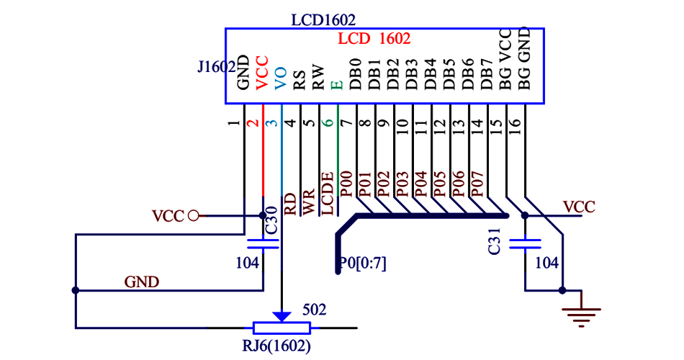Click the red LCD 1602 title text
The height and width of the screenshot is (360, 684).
point(374,39)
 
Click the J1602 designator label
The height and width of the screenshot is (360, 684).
point(216,67)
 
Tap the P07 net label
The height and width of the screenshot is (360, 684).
point(477,184)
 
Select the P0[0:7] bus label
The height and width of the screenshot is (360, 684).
point(363,264)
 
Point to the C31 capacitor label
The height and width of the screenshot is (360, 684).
point(495,245)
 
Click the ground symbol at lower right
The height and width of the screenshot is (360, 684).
point(582,315)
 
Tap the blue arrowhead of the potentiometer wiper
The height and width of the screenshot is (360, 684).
point(282,316)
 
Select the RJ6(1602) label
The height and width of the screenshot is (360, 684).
point(276,346)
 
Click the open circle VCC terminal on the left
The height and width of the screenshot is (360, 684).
point(192,215)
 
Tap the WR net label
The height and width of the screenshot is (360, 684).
point(309,204)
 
